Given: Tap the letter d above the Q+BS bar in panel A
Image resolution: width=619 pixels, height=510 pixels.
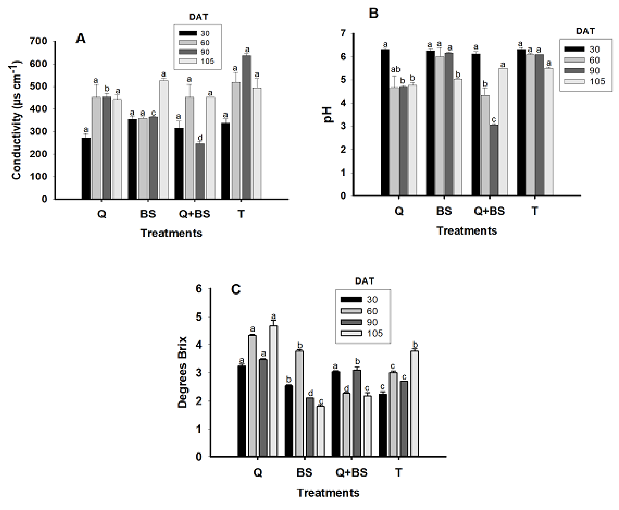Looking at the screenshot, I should (200, 138).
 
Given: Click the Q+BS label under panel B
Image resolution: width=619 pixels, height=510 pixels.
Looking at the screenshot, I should (489, 211).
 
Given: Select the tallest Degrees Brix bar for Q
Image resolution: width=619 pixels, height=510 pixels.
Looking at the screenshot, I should (273, 391).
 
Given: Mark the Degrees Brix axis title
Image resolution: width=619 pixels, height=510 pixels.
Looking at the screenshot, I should (182, 372).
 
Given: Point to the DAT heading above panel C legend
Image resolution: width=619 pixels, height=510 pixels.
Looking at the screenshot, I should (364, 281).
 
